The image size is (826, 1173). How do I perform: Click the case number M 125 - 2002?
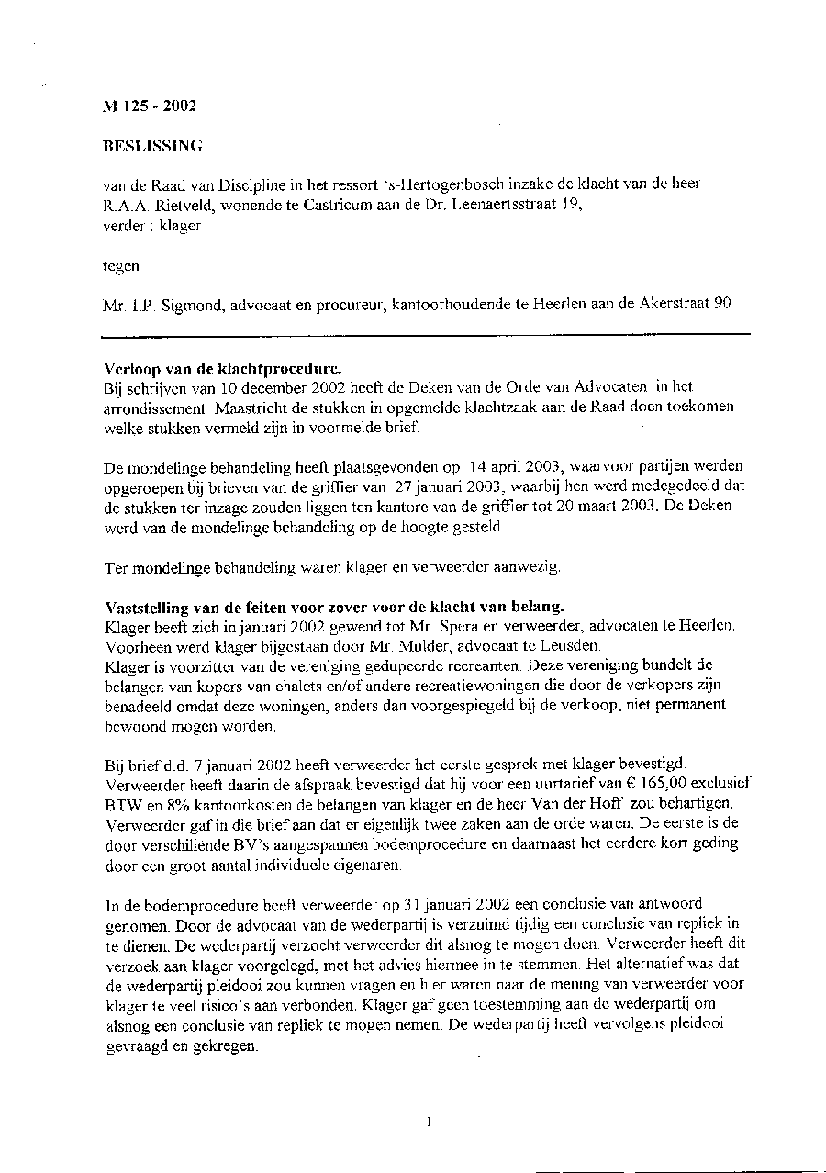tap(149, 106)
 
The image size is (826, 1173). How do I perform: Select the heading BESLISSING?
tap(152, 145)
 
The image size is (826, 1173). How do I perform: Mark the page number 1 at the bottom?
tap(429, 1121)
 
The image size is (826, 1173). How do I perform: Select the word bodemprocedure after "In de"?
tap(195, 905)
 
